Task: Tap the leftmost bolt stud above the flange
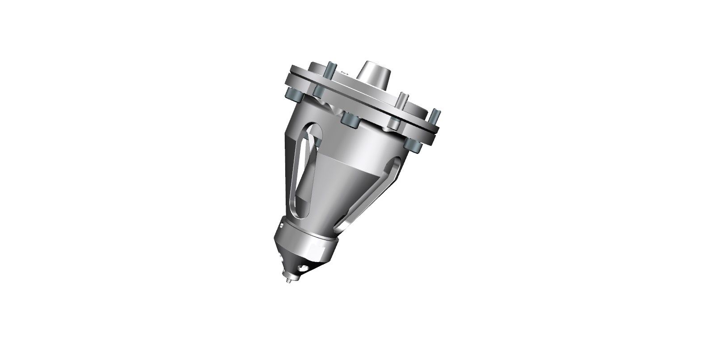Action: point(330,70)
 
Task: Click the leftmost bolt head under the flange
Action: point(294,95)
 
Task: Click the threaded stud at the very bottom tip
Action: point(288,281)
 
